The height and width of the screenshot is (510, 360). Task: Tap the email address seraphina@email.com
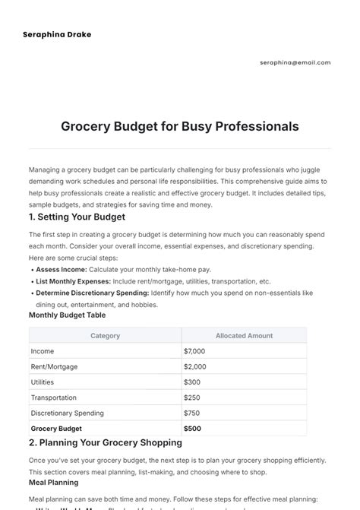click(295, 62)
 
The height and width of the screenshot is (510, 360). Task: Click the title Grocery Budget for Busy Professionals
click(180, 125)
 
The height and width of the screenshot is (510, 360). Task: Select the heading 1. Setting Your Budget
click(77, 217)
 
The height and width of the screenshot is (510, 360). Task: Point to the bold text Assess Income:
click(62, 269)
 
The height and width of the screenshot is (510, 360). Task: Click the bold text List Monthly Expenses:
click(73, 281)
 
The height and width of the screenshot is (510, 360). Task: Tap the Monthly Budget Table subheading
click(67, 315)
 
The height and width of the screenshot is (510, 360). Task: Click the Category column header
click(105, 335)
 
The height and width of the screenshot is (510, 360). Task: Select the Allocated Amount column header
click(244, 335)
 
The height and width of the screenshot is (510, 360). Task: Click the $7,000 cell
click(194, 351)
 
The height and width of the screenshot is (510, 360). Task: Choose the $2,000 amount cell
click(194, 366)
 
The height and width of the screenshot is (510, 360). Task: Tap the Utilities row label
click(42, 382)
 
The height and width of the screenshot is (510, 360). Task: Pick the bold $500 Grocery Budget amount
click(192, 429)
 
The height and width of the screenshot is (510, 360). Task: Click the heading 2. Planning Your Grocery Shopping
click(105, 442)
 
